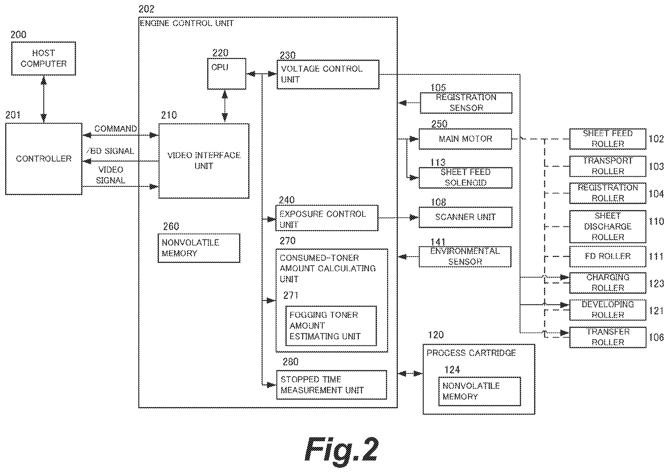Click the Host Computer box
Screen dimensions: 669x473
(44, 59)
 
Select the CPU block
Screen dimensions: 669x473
(227, 74)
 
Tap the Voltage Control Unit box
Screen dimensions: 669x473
(328, 74)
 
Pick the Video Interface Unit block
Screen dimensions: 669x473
(204, 161)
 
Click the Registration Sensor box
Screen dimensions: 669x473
(466, 103)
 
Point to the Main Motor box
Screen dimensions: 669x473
(465, 139)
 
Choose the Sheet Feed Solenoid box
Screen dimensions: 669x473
(465, 178)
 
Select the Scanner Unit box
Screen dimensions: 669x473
(465, 217)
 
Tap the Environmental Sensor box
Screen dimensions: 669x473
(465, 257)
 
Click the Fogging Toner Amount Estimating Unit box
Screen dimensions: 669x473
(331, 326)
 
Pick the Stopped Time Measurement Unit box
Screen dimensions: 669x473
(332, 385)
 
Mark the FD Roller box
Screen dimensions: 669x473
(608, 256)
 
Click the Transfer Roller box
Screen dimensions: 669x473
(608, 337)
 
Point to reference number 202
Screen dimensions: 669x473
(146, 9)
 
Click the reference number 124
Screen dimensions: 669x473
(452, 370)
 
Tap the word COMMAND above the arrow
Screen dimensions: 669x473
(116, 129)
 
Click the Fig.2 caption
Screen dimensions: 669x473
(341, 450)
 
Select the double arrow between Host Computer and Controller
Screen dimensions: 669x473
(44, 99)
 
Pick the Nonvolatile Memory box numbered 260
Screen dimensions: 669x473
(199, 248)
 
